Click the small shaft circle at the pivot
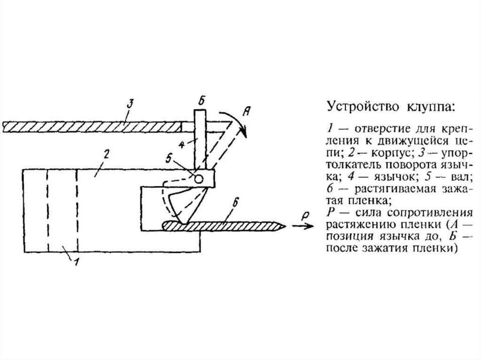199,178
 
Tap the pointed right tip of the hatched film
284,227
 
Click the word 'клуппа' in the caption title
427,107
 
